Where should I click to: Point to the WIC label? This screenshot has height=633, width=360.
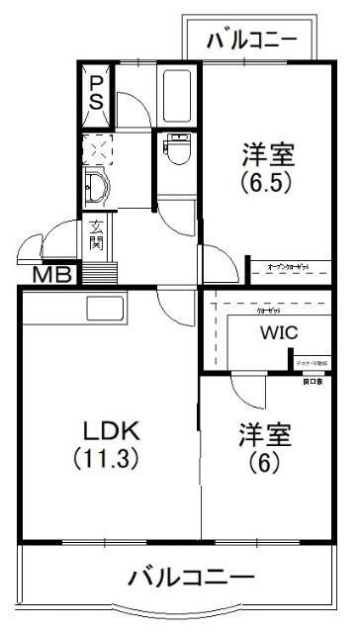tap(279, 332)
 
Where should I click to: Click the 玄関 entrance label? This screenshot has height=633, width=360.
tap(97, 235)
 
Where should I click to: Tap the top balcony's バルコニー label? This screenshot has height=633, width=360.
tap(252, 41)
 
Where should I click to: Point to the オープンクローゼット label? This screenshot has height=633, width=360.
tap(288, 266)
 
